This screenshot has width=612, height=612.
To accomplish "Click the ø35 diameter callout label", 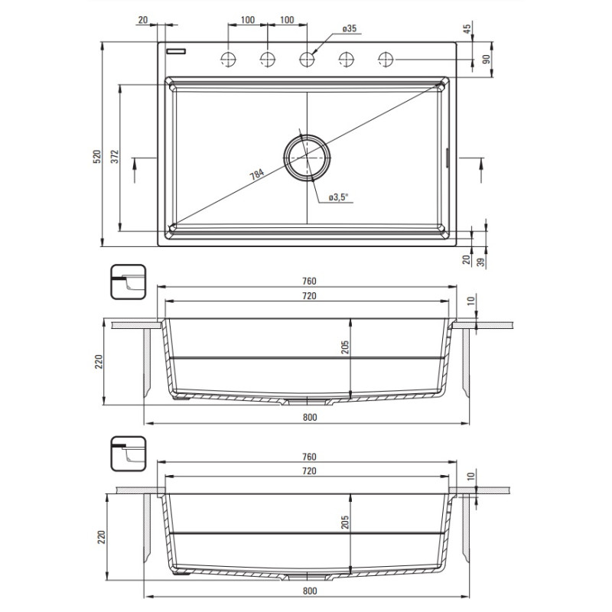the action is (x=350, y=28).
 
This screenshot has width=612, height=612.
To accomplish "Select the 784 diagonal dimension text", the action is (x=257, y=174).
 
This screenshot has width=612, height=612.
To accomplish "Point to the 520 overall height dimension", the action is (x=97, y=156).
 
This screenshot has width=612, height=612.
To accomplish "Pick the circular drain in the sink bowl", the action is (x=308, y=158).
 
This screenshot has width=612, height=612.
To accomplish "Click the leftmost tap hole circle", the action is (x=228, y=60).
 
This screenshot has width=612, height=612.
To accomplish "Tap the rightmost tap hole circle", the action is (x=386, y=60).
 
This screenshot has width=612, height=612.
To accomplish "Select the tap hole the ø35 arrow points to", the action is (x=308, y=60).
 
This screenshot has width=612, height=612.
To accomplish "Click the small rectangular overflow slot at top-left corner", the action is (x=176, y=51).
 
